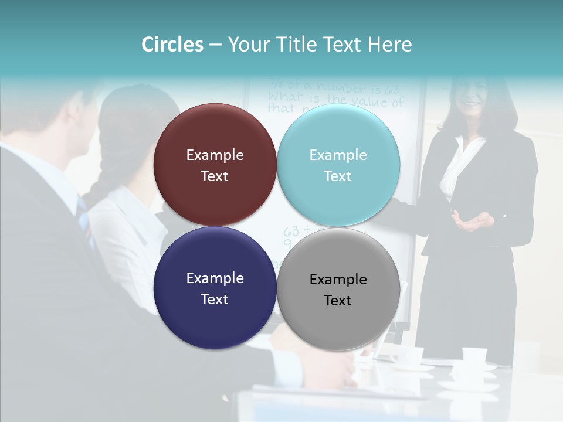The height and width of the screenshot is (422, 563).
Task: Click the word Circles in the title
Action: tap(172, 45)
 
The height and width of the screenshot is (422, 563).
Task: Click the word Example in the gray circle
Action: tap(338, 279)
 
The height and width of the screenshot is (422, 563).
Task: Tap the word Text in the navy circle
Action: tap(215, 299)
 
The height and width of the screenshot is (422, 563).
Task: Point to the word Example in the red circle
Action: tap(215, 155)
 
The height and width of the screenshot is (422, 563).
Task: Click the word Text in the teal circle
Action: tap(338, 176)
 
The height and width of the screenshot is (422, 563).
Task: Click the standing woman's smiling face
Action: tap(472, 96)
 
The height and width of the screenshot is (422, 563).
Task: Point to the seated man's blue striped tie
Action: tap(85, 220)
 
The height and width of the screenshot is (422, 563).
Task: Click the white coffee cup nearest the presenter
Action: tap(474, 355)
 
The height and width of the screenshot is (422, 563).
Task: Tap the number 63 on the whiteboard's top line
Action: tap(392, 90)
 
